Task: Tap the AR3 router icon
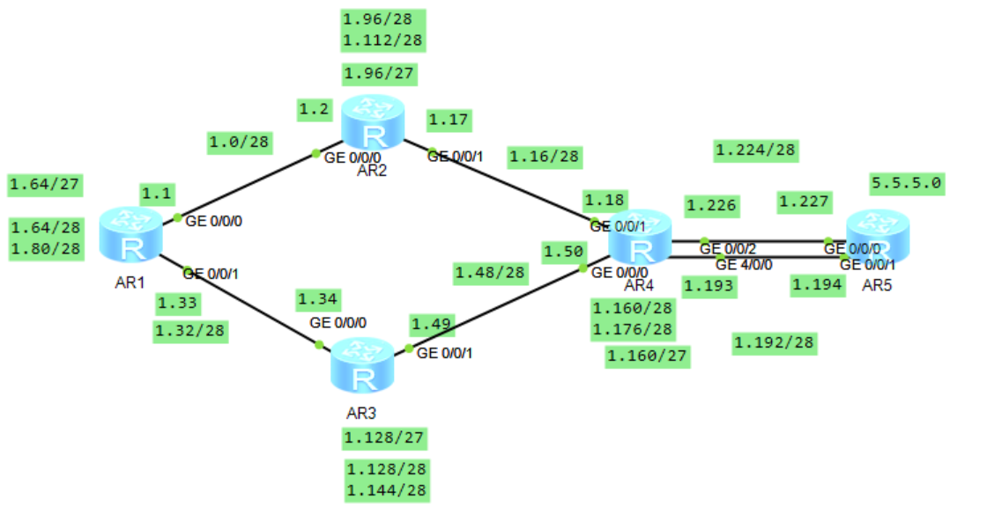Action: [362, 366]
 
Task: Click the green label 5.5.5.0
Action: [906, 184]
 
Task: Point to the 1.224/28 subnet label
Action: [754, 150]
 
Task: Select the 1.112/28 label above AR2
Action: [382, 40]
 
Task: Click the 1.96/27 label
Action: [380, 73]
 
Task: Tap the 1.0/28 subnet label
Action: [240, 141]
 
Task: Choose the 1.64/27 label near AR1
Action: [44, 185]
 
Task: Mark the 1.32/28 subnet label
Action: [189, 331]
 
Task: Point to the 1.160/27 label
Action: [648, 356]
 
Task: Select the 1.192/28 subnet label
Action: [775, 343]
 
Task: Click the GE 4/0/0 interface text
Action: [744, 264]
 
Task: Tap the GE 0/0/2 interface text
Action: [727, 249]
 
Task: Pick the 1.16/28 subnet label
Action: [544, 157]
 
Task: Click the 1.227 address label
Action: [804, 202]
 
